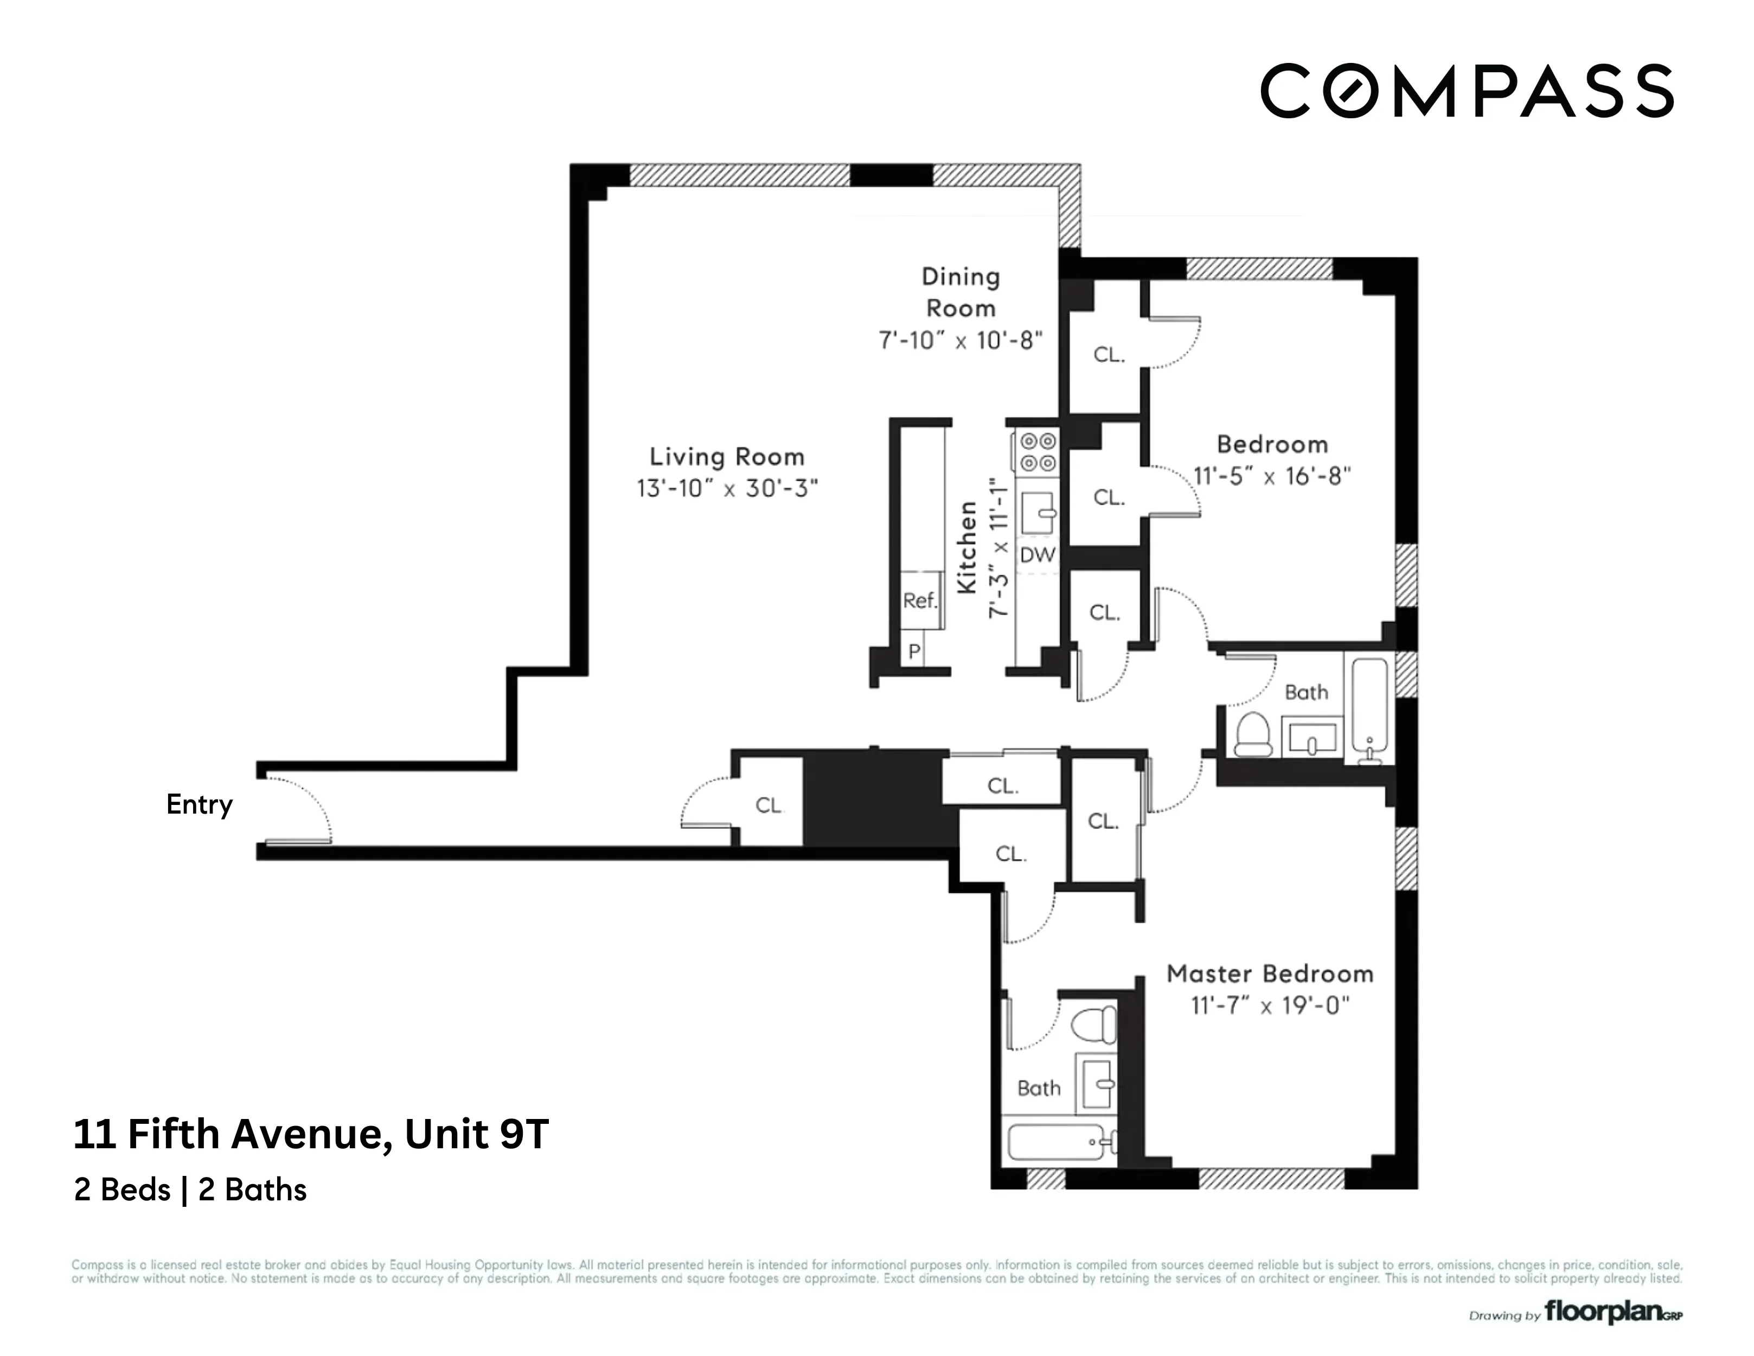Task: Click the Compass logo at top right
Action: coord(1467,91)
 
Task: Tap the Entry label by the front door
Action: coord(199,804)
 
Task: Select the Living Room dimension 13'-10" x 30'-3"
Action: coord(727,488)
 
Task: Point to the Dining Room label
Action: coord(961,292)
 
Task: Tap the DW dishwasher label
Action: coord(1037,555)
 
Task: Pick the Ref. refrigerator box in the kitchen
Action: coord(920,600)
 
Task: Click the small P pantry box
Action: coord(914,651)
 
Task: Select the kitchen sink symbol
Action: coord(1038,513)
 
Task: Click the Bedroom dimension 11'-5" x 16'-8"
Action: coord(1272,476)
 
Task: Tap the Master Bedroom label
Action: coord(1270,974)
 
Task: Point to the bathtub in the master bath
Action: coord(1056,1142)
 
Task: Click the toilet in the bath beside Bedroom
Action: coord(1252,733)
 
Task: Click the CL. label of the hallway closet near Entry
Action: coord(769,805)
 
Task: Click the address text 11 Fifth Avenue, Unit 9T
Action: coord(311,1134)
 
